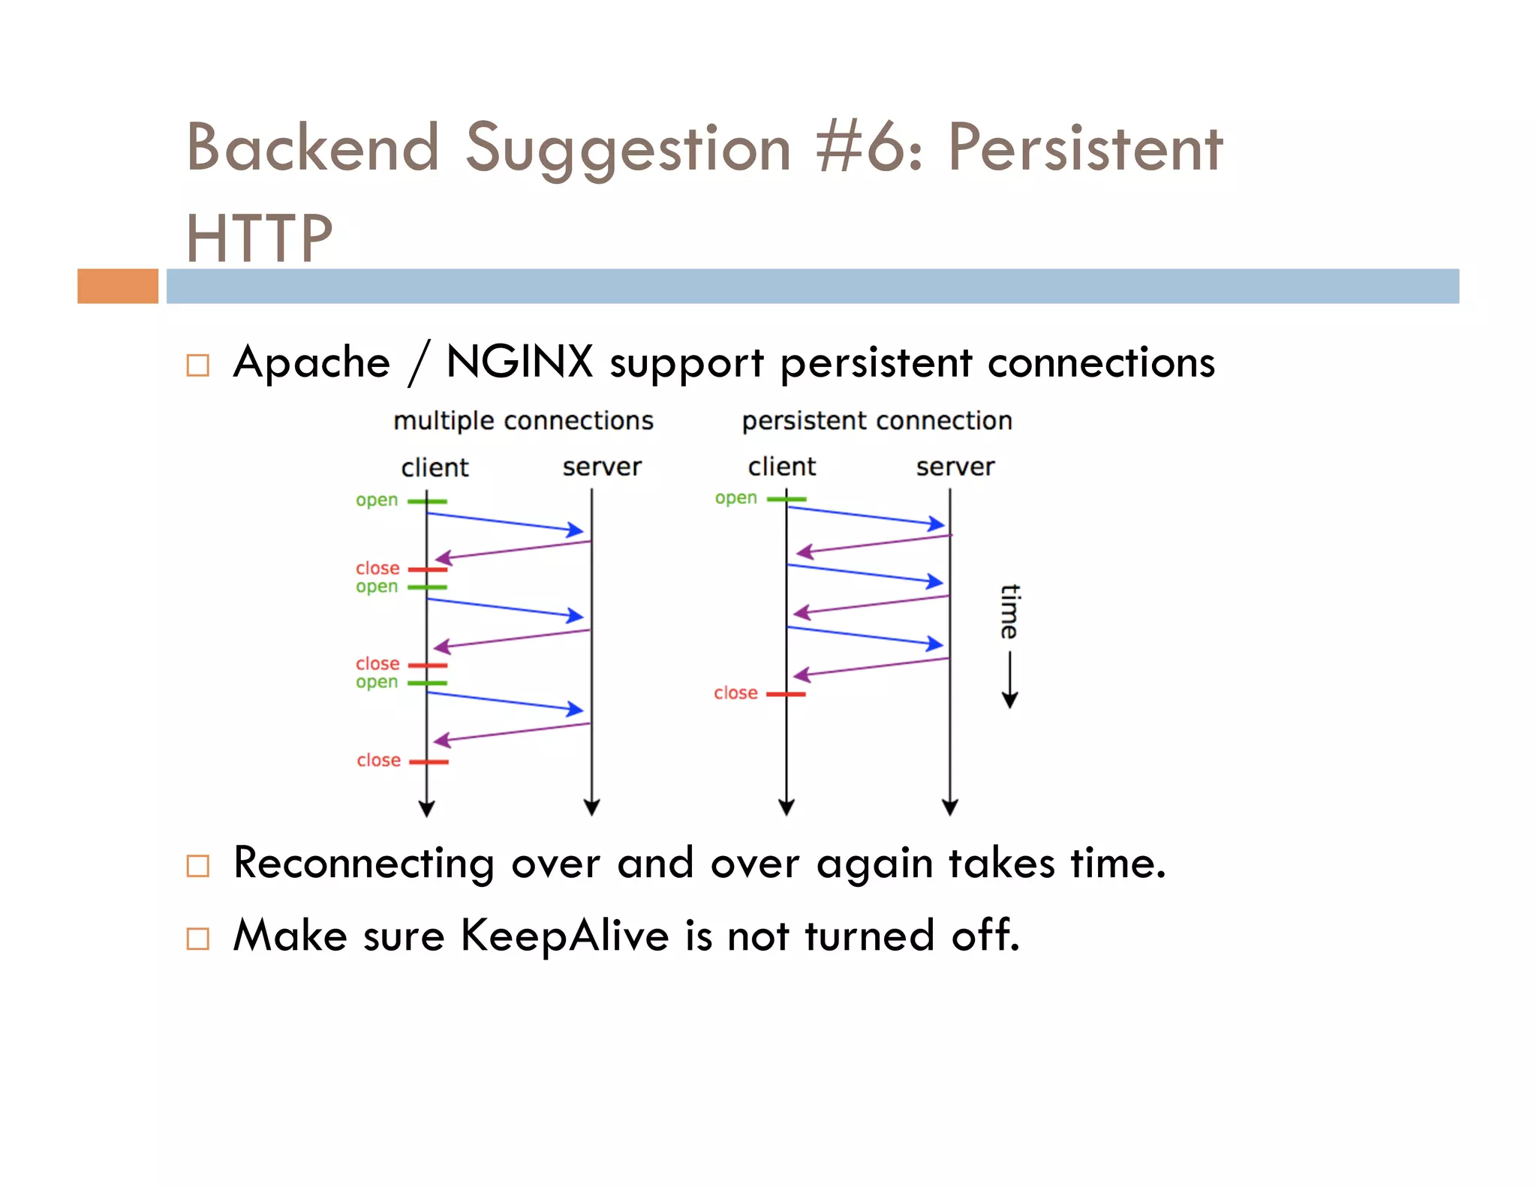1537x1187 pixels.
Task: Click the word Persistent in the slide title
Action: (1084, 148)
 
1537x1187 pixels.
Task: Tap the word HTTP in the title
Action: (259, 239)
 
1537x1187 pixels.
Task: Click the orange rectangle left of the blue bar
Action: (118, 286)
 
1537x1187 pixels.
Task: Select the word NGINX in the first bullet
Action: (519, 362)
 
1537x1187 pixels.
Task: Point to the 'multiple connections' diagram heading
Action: (523, 421)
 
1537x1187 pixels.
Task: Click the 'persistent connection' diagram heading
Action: (877, 421)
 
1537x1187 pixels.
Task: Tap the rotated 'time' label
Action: (1009, 611)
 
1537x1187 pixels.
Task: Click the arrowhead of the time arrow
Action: (1009, 701)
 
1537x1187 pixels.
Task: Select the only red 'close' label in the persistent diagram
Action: (735, 693)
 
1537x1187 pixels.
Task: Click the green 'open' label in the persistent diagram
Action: (735, 498)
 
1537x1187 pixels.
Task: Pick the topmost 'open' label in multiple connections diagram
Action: (377, 500)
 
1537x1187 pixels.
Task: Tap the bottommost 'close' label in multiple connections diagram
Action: (378, 761)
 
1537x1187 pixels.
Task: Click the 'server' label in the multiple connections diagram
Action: (602, 467)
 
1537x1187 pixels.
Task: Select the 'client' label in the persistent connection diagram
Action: (781, 467)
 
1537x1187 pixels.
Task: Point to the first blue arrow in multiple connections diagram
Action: (505, 522)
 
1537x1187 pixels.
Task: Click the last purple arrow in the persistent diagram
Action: (871, 667)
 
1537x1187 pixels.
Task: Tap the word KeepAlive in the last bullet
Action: (564, 936)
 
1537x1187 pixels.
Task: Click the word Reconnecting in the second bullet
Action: (363, 864)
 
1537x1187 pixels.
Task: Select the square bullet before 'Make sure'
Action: (197, 939)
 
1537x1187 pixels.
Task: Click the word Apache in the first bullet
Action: (311, 363)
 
